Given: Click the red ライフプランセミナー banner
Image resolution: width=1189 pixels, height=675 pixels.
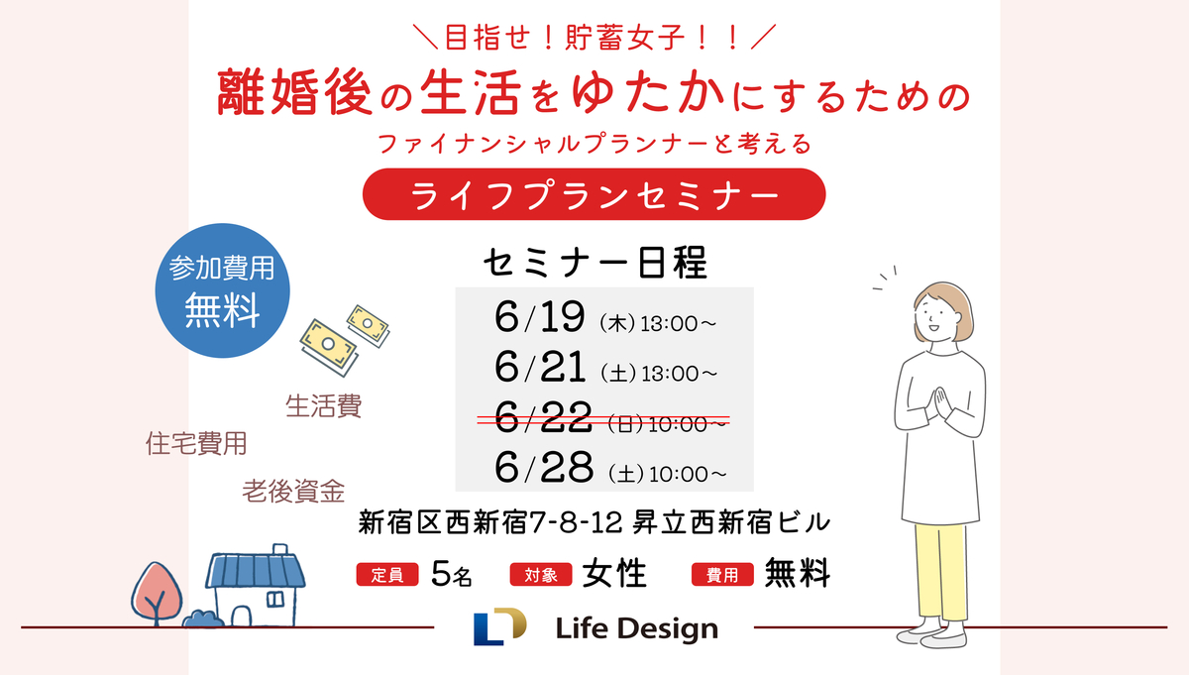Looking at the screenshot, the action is click(x=594, y=194).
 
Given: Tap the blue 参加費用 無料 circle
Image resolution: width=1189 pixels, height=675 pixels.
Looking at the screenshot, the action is click(x=222, y=290).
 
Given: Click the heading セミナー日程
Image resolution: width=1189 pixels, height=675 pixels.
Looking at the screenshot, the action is click(x=595, y=263).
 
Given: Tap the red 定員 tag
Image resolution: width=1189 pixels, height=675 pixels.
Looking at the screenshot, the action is click(x=387, y=575).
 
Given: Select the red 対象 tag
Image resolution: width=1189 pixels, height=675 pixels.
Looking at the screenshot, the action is click(x=541, y=575).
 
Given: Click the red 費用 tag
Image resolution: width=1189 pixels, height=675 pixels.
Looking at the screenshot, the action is click(x=722, y=575).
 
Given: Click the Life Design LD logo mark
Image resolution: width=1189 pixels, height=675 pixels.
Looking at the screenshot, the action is click(x=499, y=626).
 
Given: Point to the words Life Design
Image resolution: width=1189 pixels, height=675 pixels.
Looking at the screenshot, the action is click(x=636, y=628).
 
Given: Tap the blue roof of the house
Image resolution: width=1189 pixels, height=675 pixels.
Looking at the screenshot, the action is click(x=256, y=570).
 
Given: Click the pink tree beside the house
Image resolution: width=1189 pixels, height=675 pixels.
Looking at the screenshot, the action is click(x=157, y=593).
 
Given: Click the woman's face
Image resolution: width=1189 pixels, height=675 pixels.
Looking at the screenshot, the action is click(x=937, y=317).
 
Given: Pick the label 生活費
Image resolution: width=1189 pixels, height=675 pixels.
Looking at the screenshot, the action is click(x=324, y=406).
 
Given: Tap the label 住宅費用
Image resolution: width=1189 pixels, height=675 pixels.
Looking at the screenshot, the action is click(x=196, y=443).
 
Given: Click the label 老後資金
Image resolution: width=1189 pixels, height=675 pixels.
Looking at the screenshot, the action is click(x=293, y=492).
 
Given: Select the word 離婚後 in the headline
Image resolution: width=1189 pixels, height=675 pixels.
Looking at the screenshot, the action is click(x=294, y=92).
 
